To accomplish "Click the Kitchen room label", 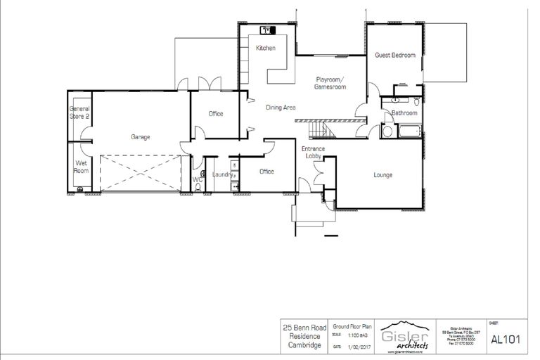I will point(266,49).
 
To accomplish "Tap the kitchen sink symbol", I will point(268,30).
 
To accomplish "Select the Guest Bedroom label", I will point(394,55).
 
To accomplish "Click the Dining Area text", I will point(280,108).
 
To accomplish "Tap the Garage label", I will point(141,137).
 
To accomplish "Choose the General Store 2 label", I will point(79,113).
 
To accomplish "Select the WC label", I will point(198,180).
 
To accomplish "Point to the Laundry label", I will point(223,174).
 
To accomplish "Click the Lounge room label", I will point(382,175).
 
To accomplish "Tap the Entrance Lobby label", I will point(311,153).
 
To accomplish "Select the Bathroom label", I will point(404,113).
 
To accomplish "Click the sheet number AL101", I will point(504,339).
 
